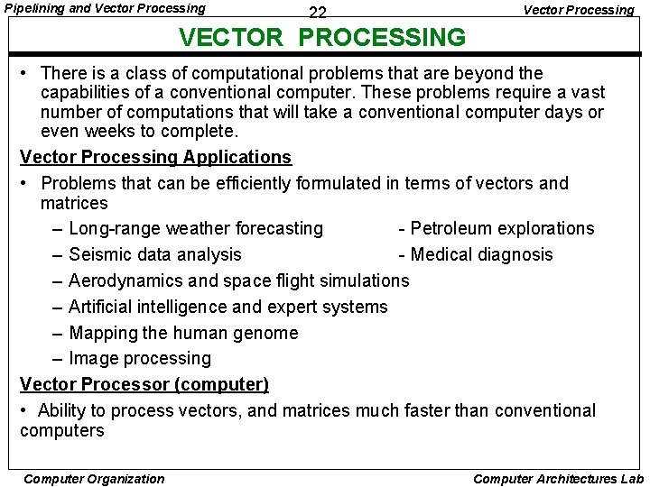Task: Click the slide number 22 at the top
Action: point(317,13)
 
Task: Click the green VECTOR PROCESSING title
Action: point(322,38)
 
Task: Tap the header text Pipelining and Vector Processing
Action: point(105,8)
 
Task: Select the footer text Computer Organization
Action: point(94,479)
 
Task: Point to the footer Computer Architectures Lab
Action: point(558,479)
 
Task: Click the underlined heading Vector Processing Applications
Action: point(155,157)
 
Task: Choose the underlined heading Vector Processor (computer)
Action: point(144,384)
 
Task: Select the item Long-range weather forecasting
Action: point(195,228)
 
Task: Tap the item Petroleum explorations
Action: point(502,228)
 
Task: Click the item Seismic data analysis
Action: point(154,254)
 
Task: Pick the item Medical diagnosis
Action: point(481,254)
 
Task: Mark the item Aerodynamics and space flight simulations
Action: point(238,280)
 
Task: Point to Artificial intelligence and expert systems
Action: point(227,307)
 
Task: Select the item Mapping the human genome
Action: point(182,333)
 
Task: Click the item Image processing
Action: point(139,358)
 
